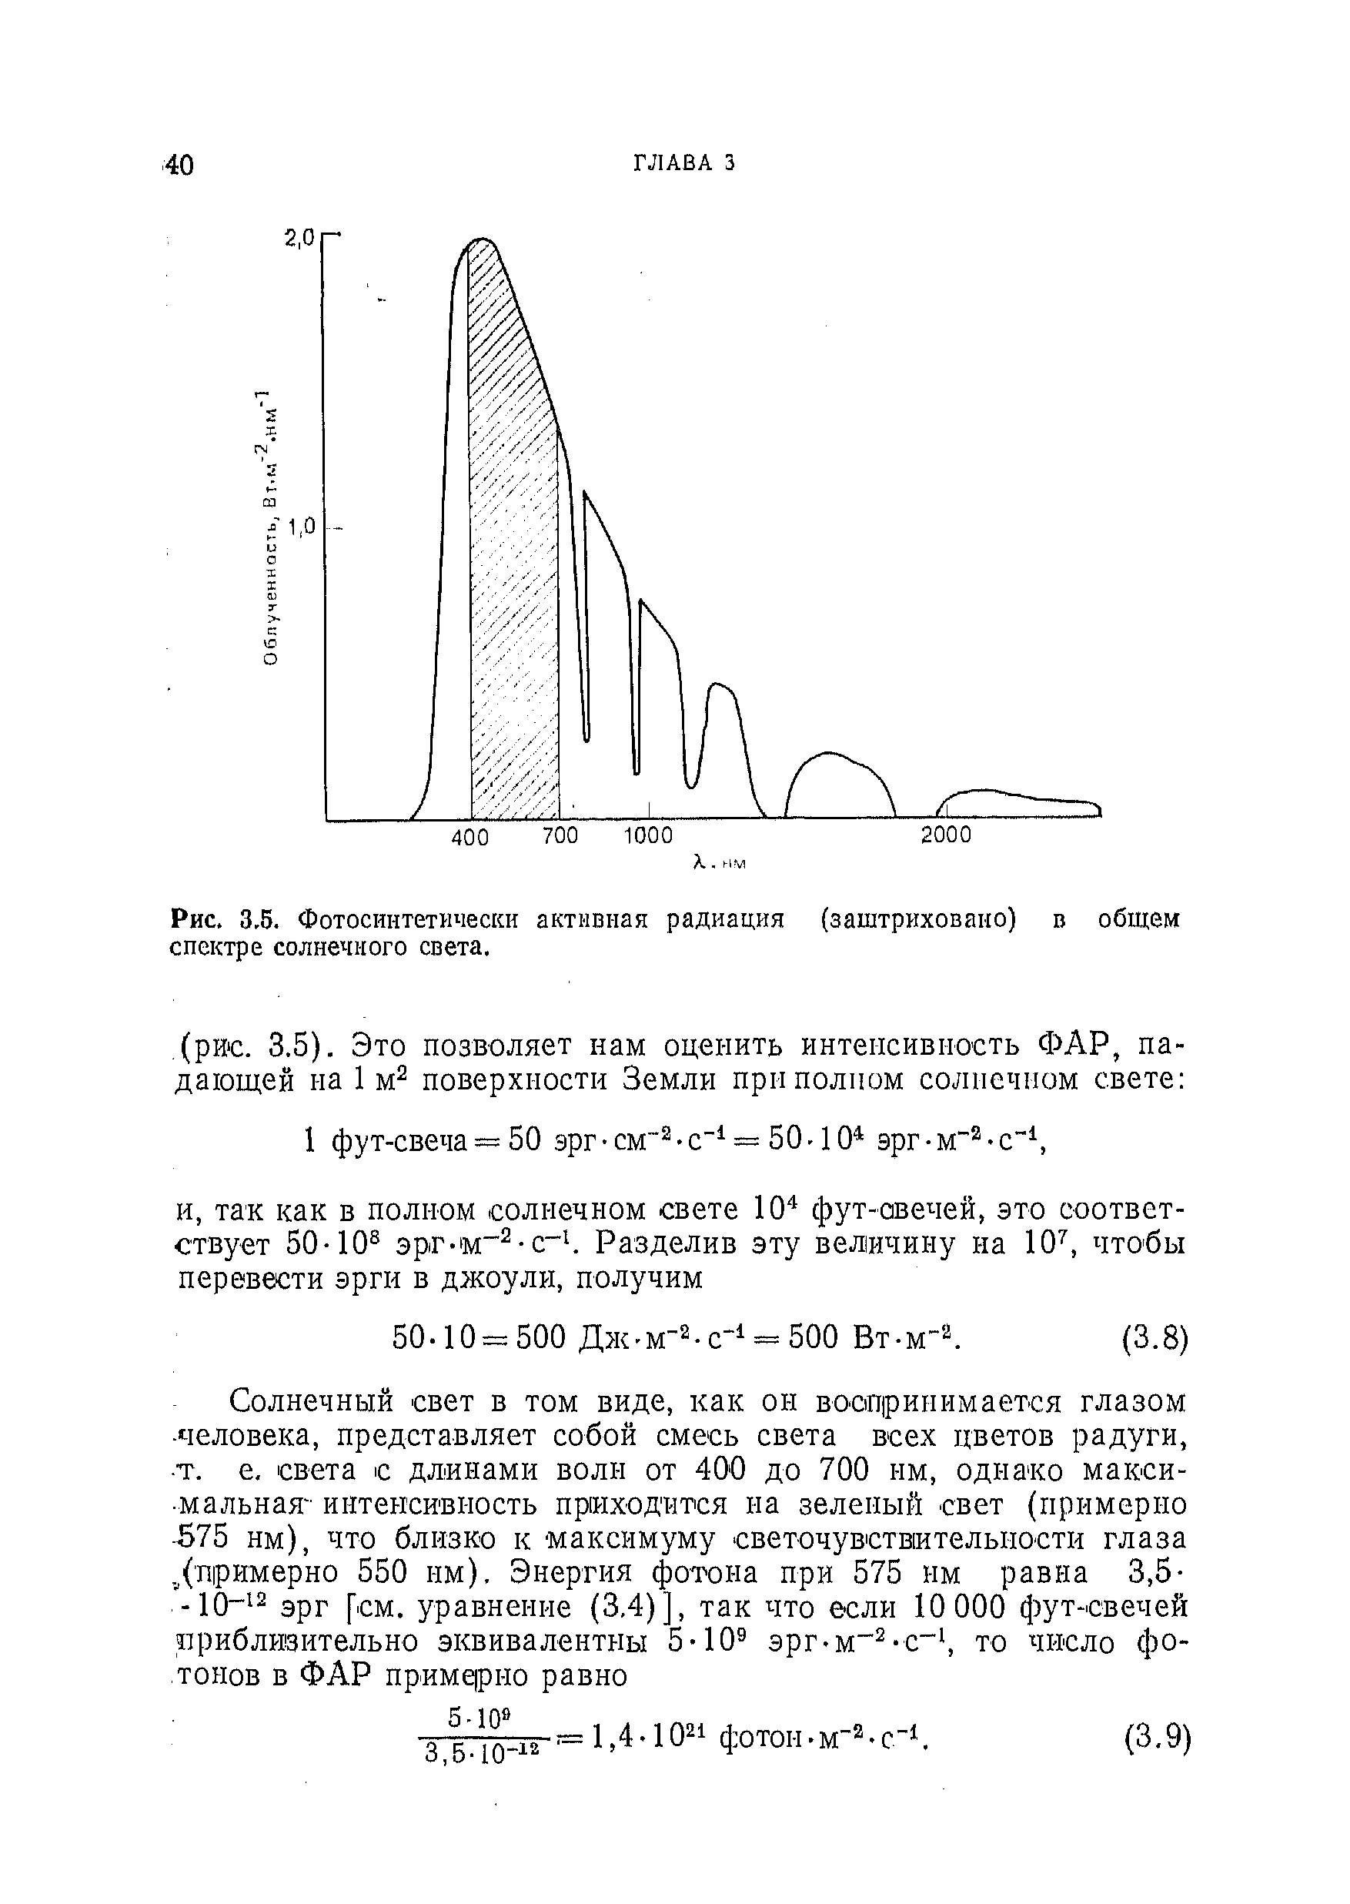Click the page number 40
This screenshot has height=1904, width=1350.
coord(179,166)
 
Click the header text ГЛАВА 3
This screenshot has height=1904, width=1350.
coord(684,163)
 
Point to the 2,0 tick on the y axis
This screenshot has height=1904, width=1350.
coord(300,239)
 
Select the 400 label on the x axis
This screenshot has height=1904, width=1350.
coord(469,837)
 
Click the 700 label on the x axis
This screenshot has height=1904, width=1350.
coord(560,835)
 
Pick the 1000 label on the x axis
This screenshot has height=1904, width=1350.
coord(648,835)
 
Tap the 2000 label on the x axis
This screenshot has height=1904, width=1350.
coord(946,835)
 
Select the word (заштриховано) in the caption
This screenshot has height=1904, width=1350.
coord(917,919)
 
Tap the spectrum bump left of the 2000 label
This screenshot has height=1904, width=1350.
coord(840,781)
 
